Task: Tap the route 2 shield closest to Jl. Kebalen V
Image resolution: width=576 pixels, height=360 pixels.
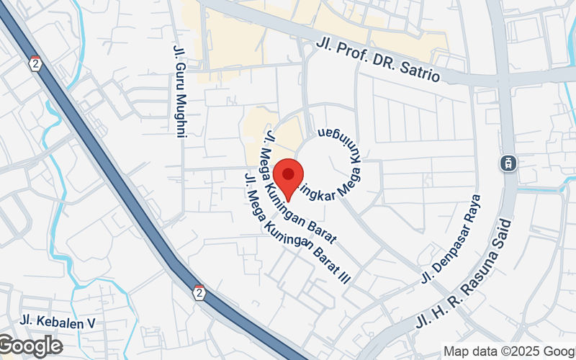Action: click(199, 292)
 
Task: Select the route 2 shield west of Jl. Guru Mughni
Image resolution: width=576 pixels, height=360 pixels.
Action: click(35, 63)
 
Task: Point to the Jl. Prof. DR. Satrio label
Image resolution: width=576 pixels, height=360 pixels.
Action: click(377, 60)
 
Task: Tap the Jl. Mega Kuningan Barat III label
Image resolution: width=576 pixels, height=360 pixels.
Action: click(295, 229)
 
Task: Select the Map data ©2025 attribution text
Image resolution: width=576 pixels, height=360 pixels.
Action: click(508, 351)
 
